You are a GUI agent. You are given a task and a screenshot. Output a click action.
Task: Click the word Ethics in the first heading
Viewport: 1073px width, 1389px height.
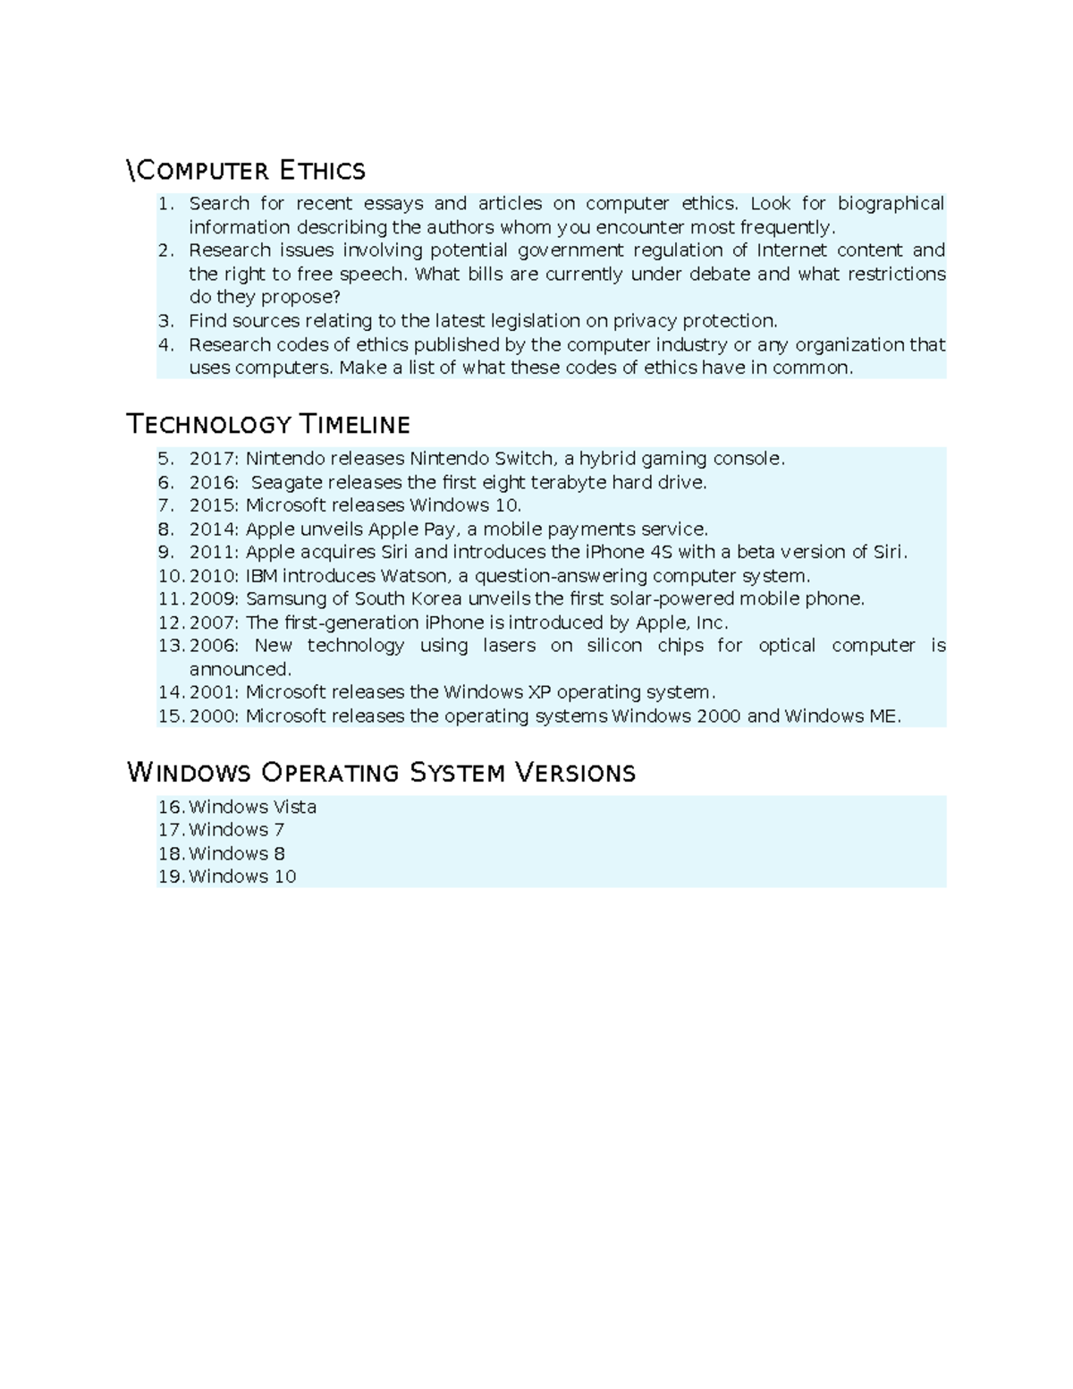[x=323, y=170]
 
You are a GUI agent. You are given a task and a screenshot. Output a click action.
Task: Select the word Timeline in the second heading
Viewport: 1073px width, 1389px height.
[x=354, y=424]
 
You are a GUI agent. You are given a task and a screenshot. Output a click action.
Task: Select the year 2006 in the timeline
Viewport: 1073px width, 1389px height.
[x=214, y=646]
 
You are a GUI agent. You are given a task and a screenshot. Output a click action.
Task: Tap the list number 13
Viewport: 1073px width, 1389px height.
[x=170, y=646]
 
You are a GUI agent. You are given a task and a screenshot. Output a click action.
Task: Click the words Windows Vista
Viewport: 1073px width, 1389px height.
[x=253, y=808]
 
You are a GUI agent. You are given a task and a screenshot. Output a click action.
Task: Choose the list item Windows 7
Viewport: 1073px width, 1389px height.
[x=237, y=831]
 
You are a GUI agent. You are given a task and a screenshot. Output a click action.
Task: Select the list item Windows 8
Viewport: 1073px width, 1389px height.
[x=237, y=854]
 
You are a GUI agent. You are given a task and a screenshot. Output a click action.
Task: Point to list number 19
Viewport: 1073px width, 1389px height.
[x=170, y=877]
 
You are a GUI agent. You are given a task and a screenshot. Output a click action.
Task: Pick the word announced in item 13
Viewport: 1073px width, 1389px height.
[x=240, y=669]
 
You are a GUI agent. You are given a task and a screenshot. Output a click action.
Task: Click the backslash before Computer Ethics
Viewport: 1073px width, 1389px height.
[x=131, y=170]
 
